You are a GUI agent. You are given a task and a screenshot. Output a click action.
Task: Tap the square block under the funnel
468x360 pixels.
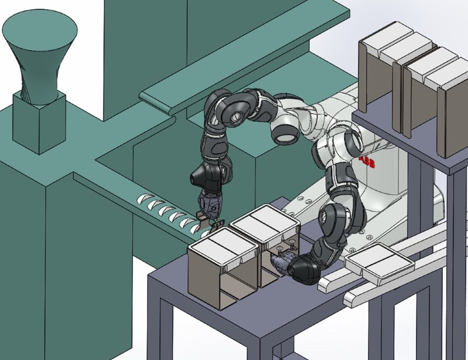pos(39,123)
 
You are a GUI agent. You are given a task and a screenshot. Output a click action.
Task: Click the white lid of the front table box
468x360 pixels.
pos(224,246)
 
